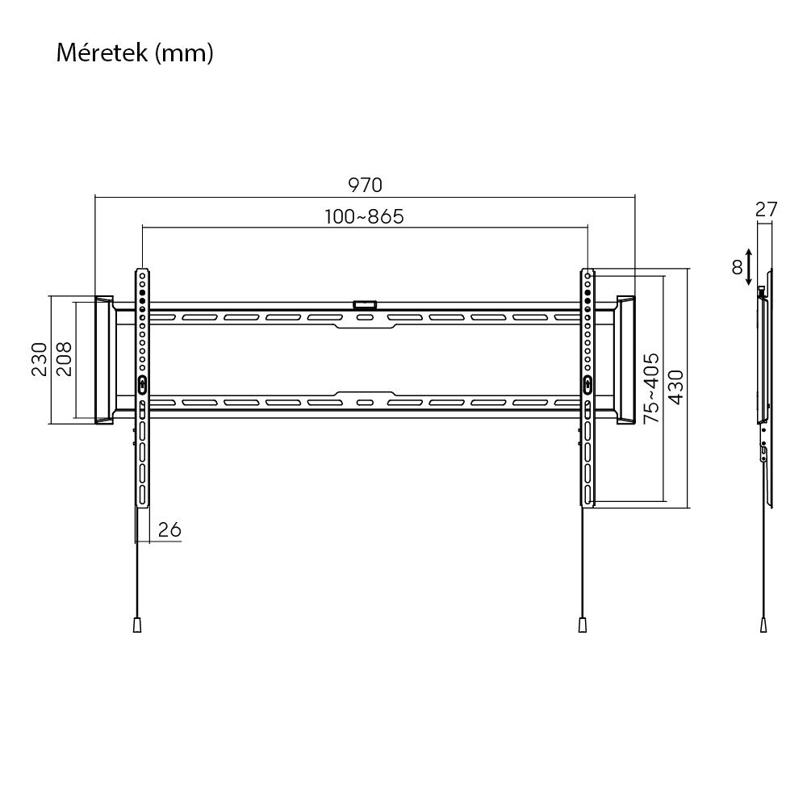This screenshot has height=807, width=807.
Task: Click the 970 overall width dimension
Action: point(365,185)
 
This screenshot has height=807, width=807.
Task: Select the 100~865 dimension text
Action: point(364,217)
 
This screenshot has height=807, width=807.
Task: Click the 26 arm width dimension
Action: point(169,529)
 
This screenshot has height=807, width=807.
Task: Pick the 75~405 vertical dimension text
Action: point(652,388)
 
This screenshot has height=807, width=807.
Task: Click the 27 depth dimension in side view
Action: point(767,209)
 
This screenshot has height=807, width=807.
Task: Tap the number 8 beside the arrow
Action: point(737,267)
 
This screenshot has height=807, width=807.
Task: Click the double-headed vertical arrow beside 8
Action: point(751,267)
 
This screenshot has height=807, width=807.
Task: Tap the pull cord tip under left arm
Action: point(137,625)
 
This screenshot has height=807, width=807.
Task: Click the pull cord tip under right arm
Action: point(582,625)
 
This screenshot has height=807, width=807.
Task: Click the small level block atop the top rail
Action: point(365,304)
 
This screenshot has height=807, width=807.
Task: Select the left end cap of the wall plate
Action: point(104,360)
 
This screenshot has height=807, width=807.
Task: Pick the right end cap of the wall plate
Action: point(626,360)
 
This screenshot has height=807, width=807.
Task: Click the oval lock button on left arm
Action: point(142,384)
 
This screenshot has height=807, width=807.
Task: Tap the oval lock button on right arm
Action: point(587,384)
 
